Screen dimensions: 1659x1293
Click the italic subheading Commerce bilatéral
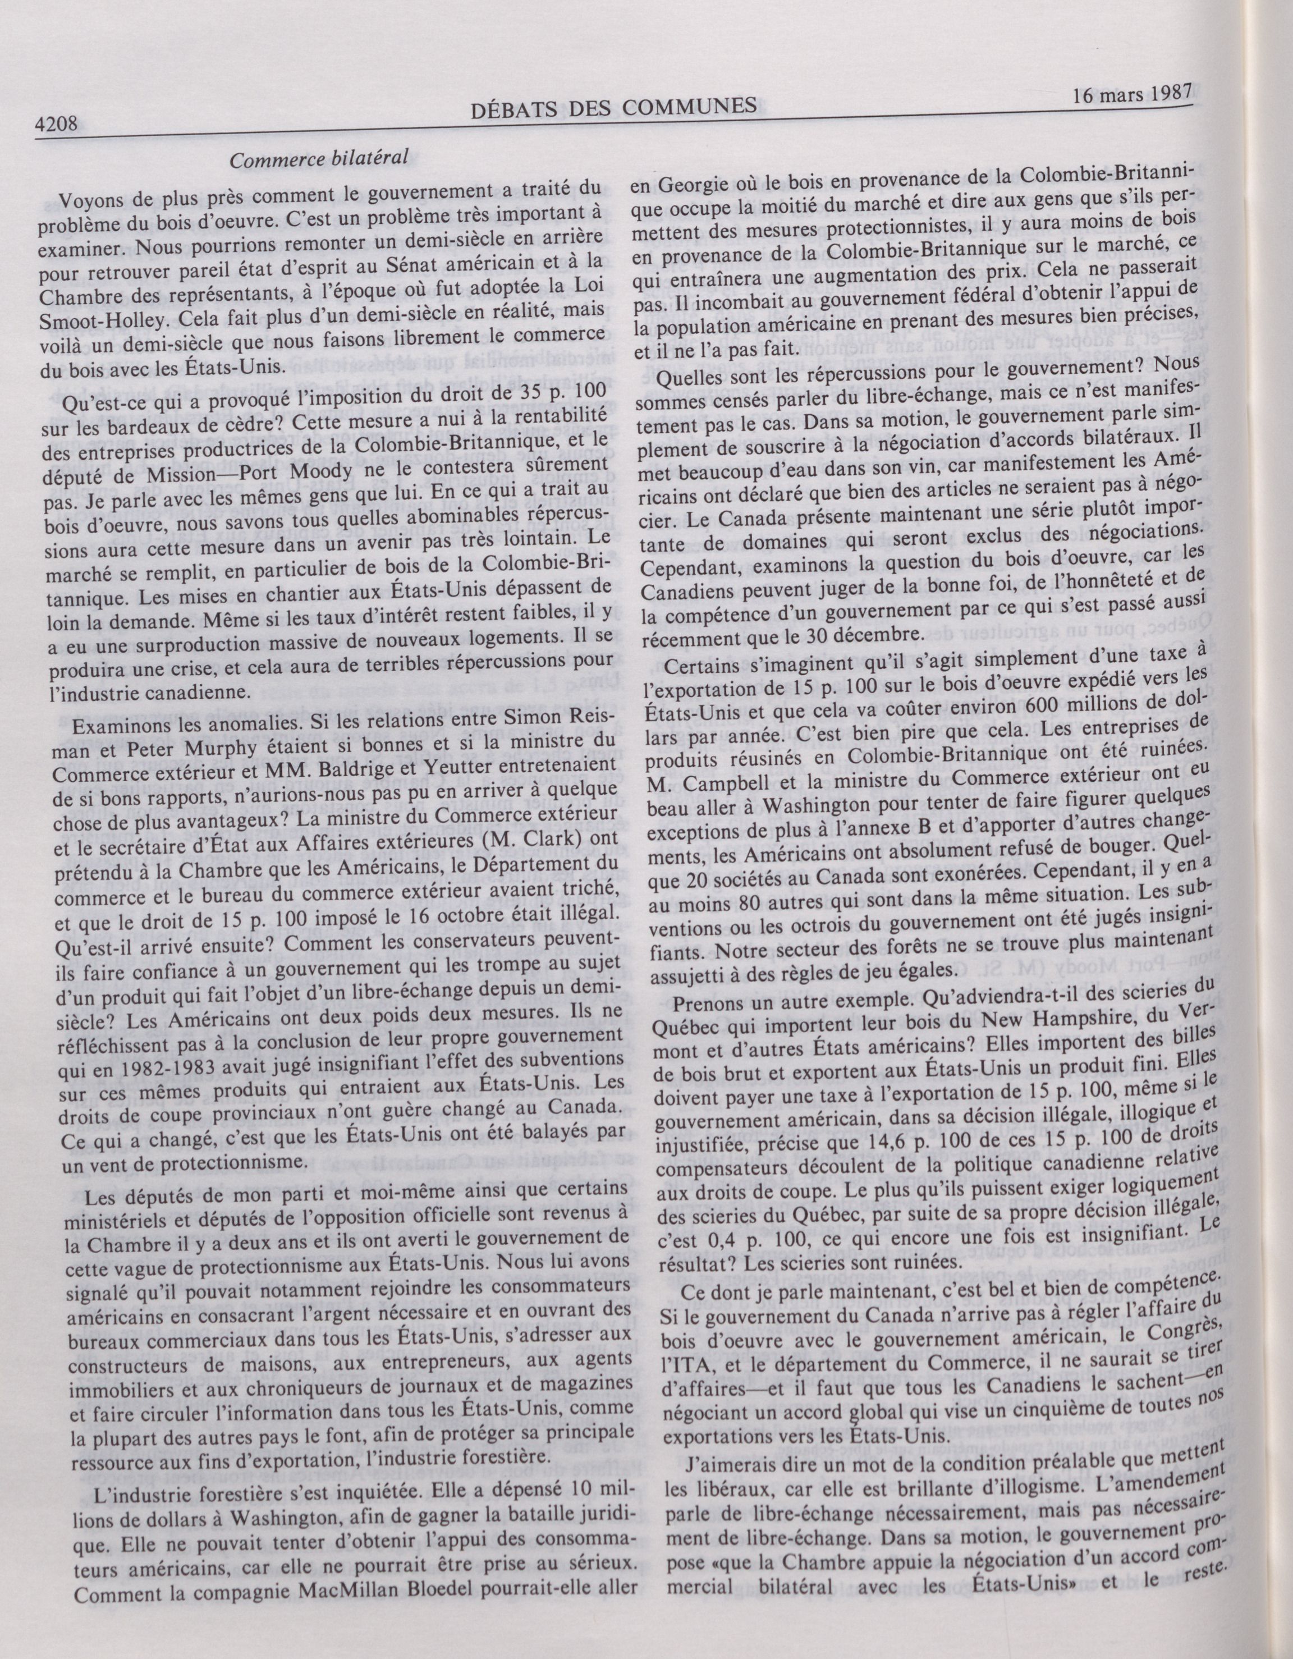320,158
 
